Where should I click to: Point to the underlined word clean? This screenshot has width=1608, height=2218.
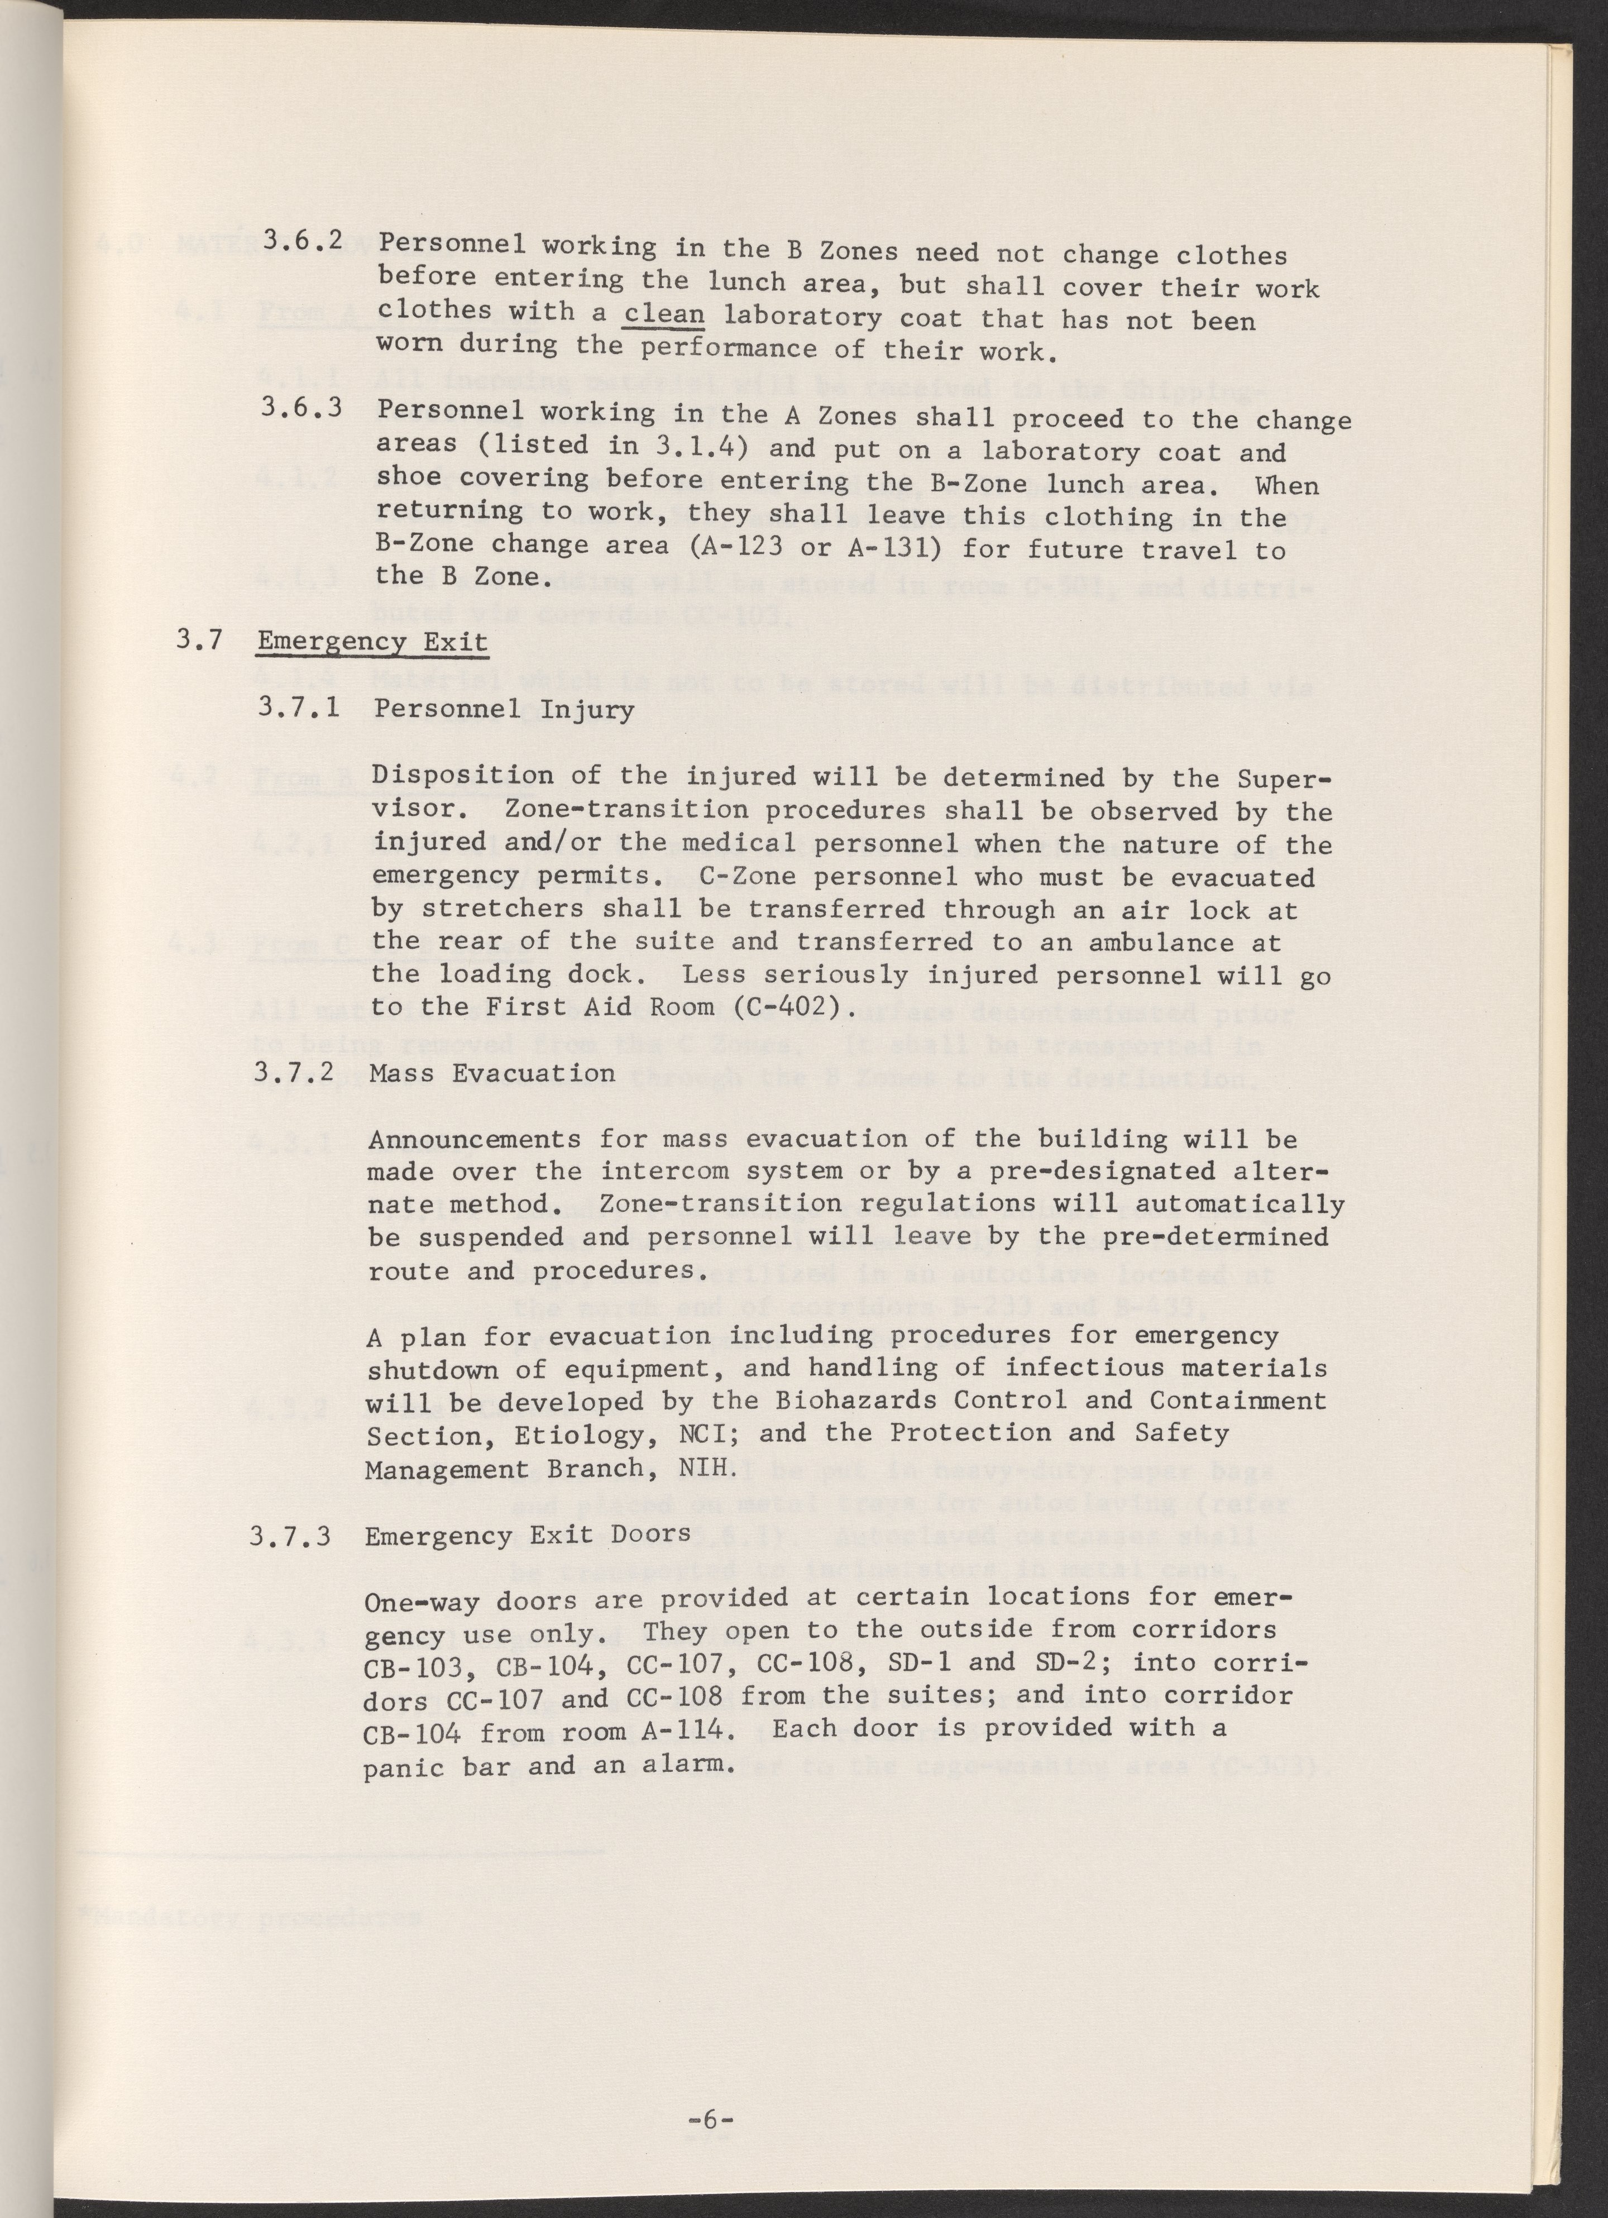(664, 315)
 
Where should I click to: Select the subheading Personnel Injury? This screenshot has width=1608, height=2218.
(504, 709)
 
